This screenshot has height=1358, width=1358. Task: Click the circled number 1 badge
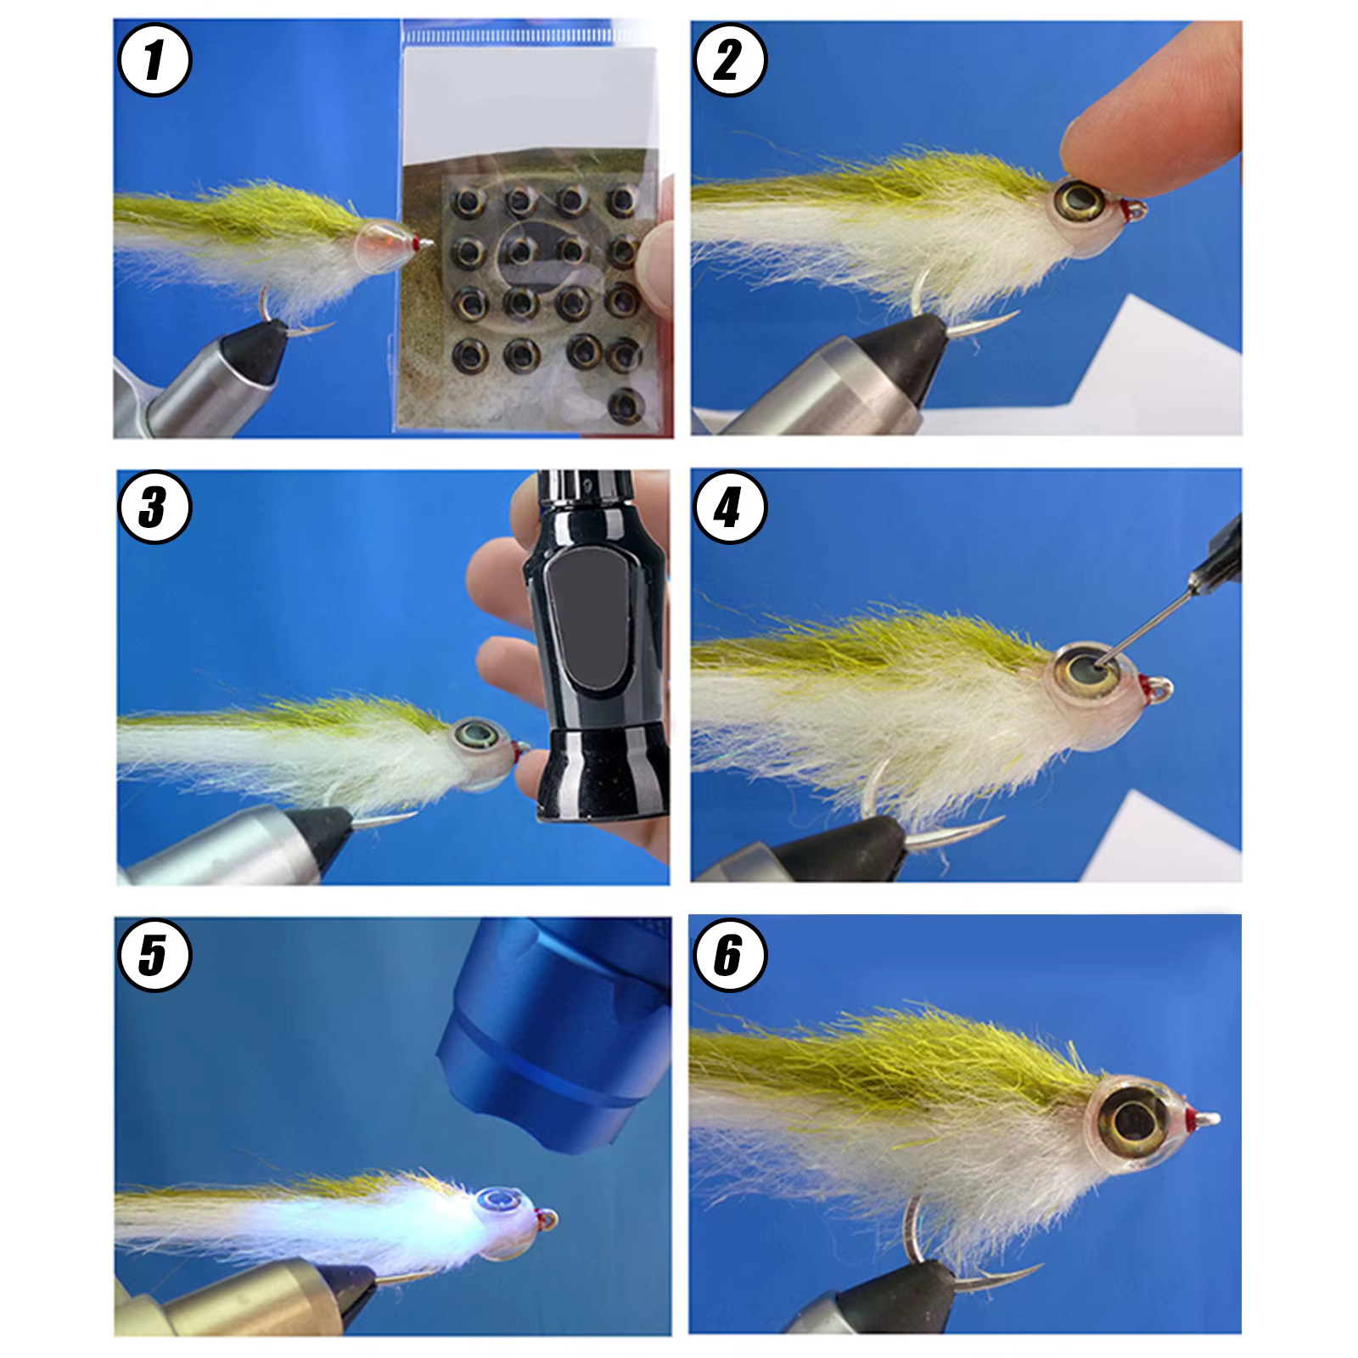point(154,62)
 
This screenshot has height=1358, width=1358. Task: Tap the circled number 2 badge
point(729,61)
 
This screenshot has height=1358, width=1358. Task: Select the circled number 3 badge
point(154,508)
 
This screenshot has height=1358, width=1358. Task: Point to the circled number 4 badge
point(729,508)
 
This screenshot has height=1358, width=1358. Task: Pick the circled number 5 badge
point(154,956)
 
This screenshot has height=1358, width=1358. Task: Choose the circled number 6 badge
point(729,956)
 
